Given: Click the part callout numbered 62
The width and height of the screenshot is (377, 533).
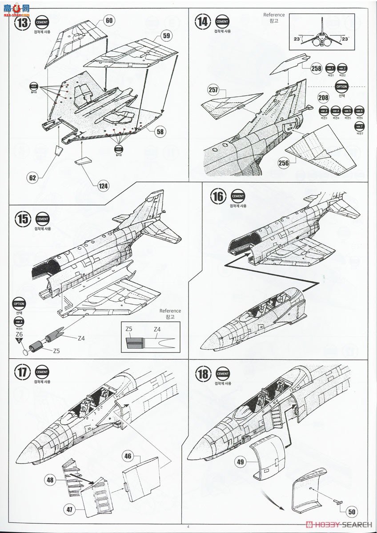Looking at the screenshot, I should (x=32, y=179).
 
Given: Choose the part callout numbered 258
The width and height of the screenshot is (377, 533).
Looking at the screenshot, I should (x=316, y=68).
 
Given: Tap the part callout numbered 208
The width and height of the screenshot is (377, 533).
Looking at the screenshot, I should (x=325, y=98).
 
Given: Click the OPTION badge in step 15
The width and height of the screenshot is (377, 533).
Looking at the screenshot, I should (x=19, y=304).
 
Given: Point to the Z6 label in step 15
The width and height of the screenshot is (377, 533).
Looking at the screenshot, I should (x=19, y=334).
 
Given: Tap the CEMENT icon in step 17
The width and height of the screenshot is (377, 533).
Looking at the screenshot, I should (x=42, y=372).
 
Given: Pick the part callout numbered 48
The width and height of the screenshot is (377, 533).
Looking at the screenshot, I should (x=50, y=479).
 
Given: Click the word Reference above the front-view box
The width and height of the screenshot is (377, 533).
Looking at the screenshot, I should (x=274, y=15).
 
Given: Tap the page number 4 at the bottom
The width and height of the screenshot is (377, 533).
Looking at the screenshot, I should (x=188, y=527).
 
